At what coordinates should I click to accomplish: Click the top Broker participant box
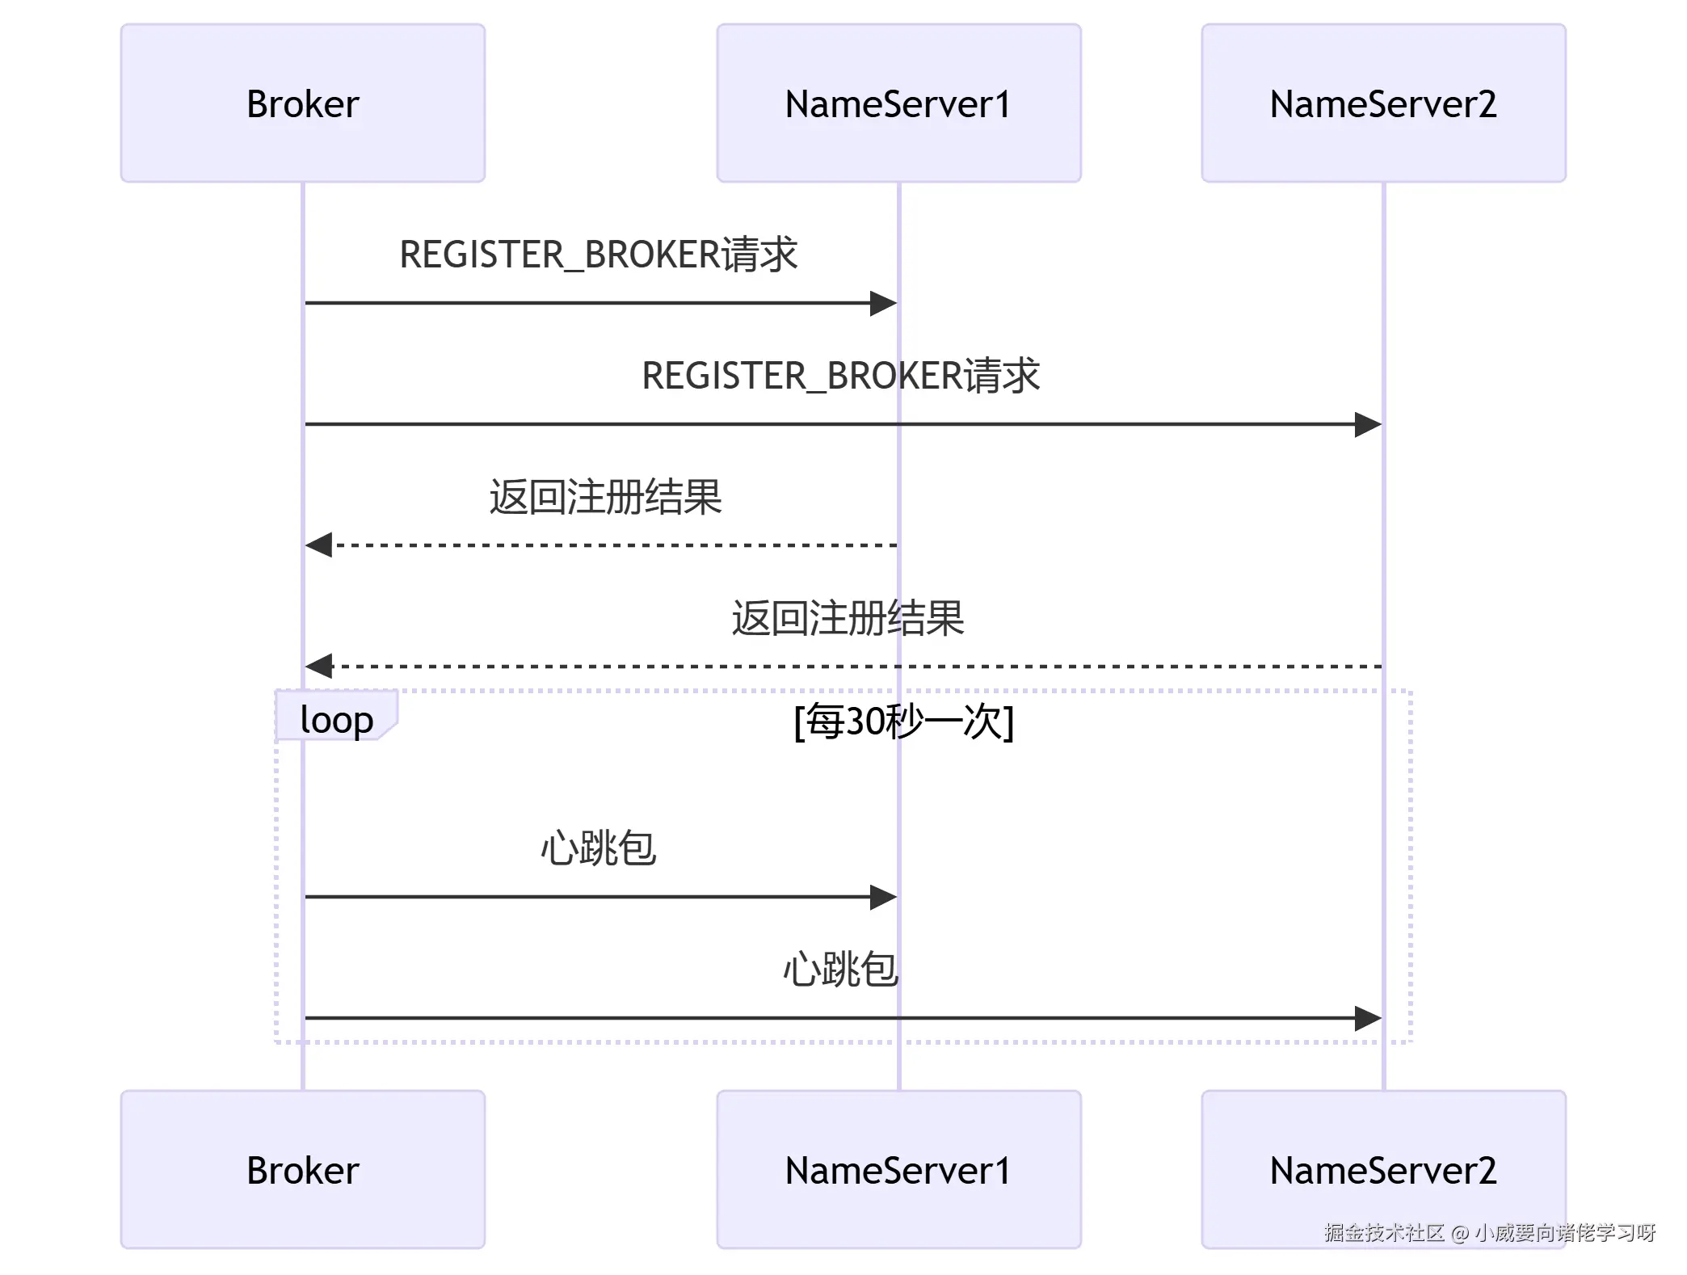pos(303,103)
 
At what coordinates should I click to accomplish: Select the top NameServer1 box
pos(898,103)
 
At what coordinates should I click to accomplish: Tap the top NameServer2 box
pos(1383,103)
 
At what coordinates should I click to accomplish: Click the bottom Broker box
pos(303,1169)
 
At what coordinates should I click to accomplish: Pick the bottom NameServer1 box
pos(898,1169)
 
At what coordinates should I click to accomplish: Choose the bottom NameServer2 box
pos(1383,1169)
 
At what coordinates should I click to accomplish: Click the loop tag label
pos(336,718)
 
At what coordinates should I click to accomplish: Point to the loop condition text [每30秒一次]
pos(903,721)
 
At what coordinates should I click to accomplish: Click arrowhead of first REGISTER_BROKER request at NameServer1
pos(885,304)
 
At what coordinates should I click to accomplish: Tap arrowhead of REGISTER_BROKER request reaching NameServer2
pos(1369,424)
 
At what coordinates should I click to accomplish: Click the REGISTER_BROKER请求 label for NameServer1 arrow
pos(599,255)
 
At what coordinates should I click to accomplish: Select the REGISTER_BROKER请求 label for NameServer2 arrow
pos(841,376)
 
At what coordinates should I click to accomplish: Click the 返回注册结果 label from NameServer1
pos(605,497)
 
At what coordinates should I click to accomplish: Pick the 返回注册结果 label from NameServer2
pos(848,618)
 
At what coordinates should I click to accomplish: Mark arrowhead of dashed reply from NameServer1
pos(318,545)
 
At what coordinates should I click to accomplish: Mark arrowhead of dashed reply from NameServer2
pos(318,666)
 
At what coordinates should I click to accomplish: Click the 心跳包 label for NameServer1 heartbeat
pos(599,848)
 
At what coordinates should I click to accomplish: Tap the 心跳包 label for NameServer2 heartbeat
pos(841,970)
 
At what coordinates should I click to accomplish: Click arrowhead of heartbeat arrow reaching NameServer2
pos(1369,1018)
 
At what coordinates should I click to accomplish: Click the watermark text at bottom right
pos(1489,1232)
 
